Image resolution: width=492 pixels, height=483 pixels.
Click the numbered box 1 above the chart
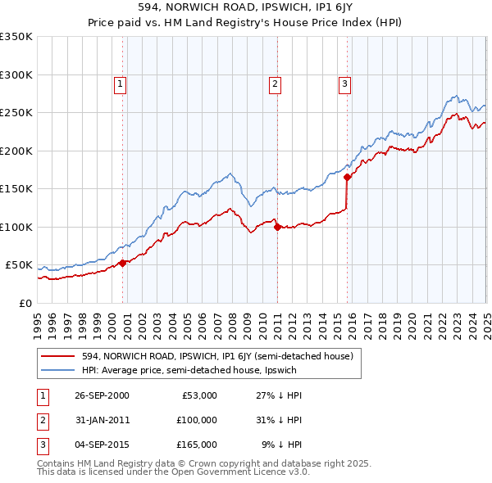pos(120,83)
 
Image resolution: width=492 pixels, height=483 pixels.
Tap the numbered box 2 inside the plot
pos(275,83)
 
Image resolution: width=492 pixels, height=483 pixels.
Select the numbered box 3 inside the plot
pos(344,83)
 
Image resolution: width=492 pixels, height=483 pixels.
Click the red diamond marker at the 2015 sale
pos(348,177)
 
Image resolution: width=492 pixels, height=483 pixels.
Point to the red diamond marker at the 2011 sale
pos(278,227)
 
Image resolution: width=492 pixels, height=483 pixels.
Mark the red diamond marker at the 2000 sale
pos(123,263)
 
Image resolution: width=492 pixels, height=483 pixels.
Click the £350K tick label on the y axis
pos(16,37)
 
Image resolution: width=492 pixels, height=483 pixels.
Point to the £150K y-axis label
pos(16,189)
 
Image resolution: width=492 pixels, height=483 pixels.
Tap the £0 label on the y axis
pos(25,304)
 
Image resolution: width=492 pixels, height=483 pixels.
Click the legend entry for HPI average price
pos(188,370)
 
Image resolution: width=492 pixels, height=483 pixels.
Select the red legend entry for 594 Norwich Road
pos(216,356)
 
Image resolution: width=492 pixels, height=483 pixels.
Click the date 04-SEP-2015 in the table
pos(102,445)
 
